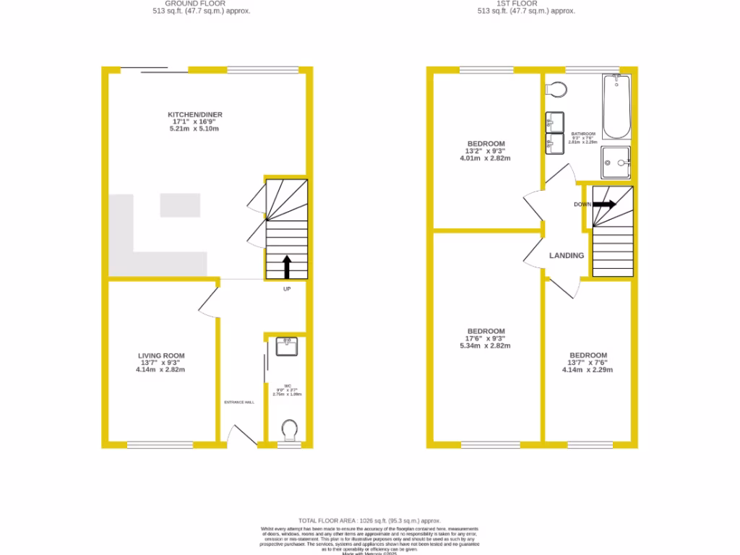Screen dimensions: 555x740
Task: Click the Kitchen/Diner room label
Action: [x=195, y=115]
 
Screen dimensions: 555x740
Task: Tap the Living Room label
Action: [x=161, y=356]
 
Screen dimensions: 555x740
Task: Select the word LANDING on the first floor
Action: [x=567, y=256]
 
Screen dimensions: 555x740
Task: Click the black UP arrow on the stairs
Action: [x=286, y=266]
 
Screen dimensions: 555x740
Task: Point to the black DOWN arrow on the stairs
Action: [x=604, y=205]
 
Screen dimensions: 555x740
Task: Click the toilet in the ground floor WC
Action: [x=289, y=431]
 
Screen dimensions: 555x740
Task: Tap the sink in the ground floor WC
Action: [x=287, y=347]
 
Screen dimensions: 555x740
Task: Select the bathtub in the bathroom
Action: [x=616, y=108]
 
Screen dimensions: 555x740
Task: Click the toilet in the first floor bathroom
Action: [x=556, y=90]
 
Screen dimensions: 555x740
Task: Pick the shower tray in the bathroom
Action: [x=615, y=162]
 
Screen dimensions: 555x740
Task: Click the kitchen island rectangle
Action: [x=180, y=205]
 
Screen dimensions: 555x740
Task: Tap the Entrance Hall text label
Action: [x=239, y=403]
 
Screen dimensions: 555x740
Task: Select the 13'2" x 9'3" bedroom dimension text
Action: [x=486, y=151]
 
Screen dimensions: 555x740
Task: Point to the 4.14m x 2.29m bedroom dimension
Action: [x=588, y=370]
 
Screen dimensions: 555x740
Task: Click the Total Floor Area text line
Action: [x=369, y=521]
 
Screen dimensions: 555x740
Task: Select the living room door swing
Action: [x=208, y=301]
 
